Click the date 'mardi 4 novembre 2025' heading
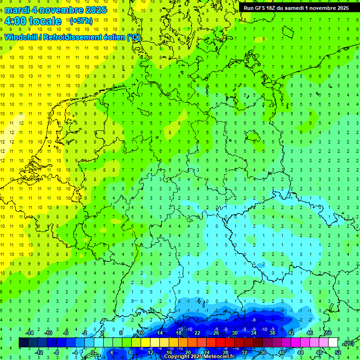[55, 10]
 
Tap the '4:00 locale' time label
[32, 21]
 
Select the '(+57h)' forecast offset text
[81, 21]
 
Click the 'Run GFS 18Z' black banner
[296, 8]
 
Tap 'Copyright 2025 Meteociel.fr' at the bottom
[199, 357]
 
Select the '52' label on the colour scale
[338, 352]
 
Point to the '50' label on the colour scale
[329, 333]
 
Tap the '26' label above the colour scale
[216, 333]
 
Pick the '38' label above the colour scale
[272, 333]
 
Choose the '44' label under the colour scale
[300, 352]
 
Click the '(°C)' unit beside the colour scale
[348, 343]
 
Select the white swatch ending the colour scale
[333, 343]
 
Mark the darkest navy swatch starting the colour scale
[23, 343]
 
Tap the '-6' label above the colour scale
[66, 333]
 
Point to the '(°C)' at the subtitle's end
[134, 37]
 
